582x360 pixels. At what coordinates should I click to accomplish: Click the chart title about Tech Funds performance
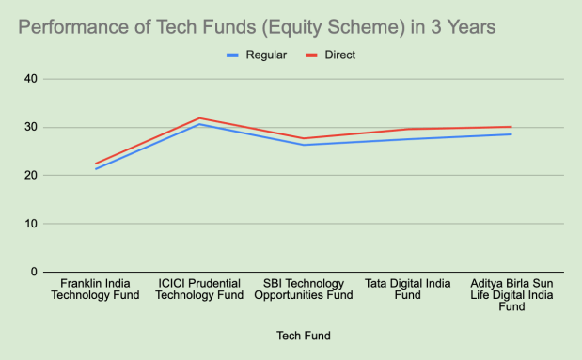(257, 27)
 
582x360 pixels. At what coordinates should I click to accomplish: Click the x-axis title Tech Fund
(305, 336)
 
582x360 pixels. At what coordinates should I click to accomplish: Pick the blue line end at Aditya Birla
(511, 134)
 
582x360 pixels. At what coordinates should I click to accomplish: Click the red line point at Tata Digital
(408, 129)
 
